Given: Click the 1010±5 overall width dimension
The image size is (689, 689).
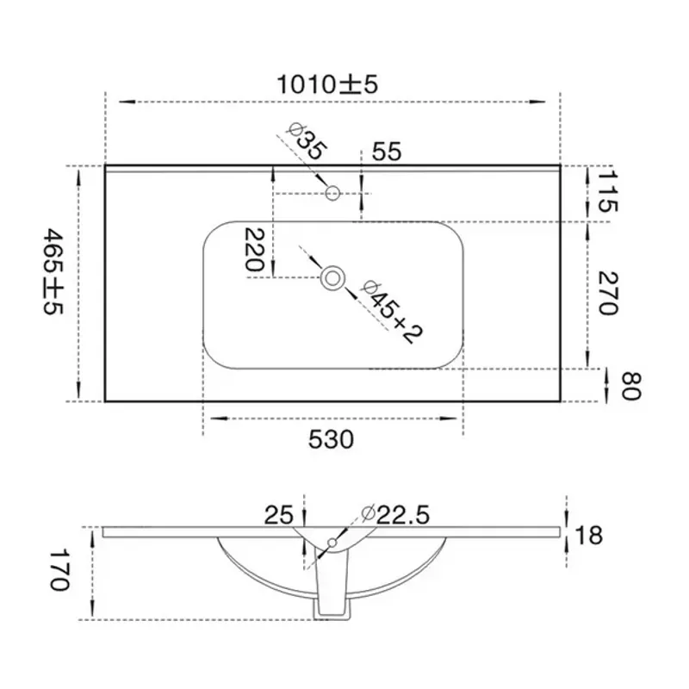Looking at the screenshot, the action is coord(327,84).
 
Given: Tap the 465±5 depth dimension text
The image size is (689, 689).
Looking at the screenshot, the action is coord(54,271).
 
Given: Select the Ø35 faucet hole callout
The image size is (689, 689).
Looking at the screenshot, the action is coord(307,141).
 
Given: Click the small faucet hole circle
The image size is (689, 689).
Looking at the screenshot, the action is coord(332,193).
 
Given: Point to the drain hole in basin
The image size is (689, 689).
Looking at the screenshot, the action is coord(332,278).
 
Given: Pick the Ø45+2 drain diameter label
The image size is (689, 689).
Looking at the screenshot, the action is coord(391,312).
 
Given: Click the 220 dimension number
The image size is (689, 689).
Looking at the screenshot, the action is coord(255,249).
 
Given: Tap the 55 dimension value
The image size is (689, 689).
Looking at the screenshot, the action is coord(387,152).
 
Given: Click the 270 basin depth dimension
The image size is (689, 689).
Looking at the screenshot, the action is coord(609,293).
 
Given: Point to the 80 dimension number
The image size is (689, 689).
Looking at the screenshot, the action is coord(632,386).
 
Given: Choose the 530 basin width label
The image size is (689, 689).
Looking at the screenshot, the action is coord(331,439).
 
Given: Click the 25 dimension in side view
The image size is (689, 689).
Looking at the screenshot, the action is coord(278,515).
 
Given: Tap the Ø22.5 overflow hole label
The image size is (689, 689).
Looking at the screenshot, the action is coord(395,514).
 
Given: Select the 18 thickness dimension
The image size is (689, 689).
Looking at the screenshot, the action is coord(588,535).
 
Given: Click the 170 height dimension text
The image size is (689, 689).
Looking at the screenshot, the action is coord(59,570).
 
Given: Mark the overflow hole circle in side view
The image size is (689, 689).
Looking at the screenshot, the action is coord(332,543).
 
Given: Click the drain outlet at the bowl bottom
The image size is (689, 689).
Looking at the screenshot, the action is coord(332,610).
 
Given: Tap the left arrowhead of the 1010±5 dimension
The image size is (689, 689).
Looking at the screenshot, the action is coord(127,102).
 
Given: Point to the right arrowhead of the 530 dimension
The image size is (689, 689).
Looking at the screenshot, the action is coord(449,419).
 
